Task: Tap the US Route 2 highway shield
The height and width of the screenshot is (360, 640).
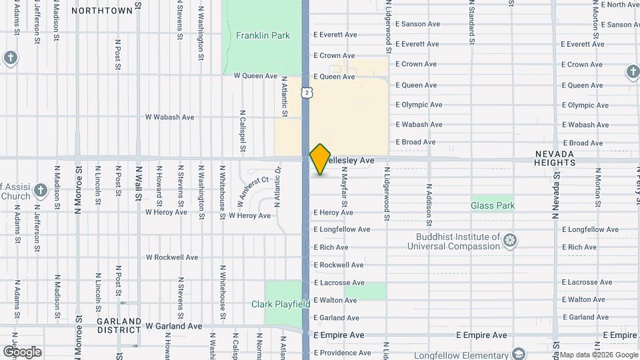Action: coord(306,93)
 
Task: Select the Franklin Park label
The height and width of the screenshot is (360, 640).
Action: coord(263,35)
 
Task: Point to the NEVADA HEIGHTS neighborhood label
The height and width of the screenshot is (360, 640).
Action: coord(555,158)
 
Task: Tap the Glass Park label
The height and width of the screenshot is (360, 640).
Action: coord(493,206)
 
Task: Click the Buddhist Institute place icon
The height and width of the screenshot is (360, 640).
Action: coord(510,240)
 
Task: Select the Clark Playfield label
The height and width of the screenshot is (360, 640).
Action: coord(281,304)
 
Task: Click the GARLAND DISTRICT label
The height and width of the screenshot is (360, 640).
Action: coord(119,325)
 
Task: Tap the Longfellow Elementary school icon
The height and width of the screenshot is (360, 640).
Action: coord(518,353)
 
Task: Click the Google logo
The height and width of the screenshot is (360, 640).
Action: coord(22,351)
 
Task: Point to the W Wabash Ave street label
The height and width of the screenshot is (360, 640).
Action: coord(170,117)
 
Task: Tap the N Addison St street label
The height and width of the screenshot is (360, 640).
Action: coord(429,205)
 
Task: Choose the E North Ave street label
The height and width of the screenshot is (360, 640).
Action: coord(620,5)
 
